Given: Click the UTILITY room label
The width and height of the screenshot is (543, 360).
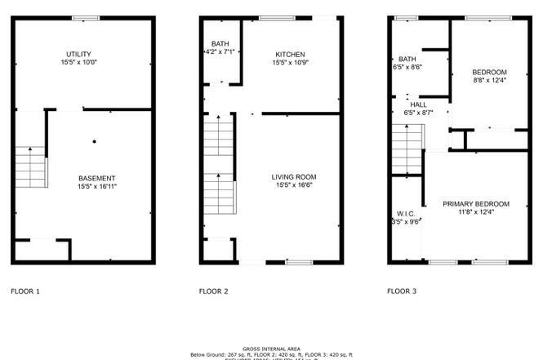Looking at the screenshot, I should [79, 54].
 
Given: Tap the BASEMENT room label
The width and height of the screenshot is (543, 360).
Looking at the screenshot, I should [96, 178].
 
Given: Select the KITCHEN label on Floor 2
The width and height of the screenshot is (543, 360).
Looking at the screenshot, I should [290, 54].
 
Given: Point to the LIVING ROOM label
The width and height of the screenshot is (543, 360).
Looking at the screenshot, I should [294, 176].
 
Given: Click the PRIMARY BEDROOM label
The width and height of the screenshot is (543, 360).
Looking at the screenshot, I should [476, 203].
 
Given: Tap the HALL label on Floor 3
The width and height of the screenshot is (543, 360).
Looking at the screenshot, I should [418, 104].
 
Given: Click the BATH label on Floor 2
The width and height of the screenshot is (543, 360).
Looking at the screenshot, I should [220, 44].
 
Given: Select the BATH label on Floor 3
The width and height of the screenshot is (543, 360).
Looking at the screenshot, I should [407, 60].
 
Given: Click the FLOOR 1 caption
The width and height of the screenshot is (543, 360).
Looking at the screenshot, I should [24, 291].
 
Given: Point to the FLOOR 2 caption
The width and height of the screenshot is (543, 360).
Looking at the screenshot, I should [213, 291].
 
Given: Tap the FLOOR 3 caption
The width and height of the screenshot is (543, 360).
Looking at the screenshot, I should [401, 291].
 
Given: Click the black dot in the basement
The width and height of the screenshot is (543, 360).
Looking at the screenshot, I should [95, 142].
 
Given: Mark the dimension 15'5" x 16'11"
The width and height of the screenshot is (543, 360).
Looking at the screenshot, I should [96, 187].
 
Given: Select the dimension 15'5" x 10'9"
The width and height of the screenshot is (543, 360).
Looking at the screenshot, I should [290, 63].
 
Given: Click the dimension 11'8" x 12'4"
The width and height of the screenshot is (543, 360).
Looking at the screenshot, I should [476, 212].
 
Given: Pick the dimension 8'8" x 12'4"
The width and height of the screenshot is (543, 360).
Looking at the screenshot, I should [490, 80].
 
